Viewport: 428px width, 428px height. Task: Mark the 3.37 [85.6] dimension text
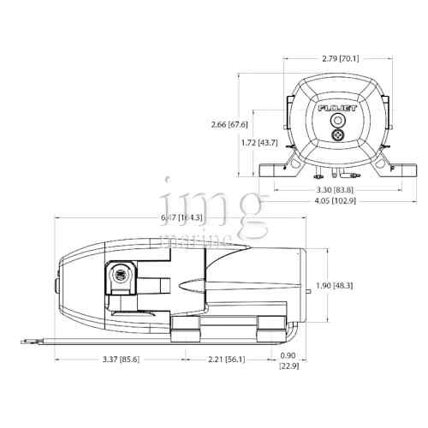tap(119, 358)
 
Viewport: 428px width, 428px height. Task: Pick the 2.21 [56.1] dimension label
tap(225, 358)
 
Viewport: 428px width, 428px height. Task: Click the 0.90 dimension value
tap(288, 357)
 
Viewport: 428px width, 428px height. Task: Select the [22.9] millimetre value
tap(288, 367)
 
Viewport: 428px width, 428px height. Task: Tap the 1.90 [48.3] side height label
tap(353, 285)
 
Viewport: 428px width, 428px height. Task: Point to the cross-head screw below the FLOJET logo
tap(336, 134)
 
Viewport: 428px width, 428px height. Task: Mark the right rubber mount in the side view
tap(272, 325)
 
